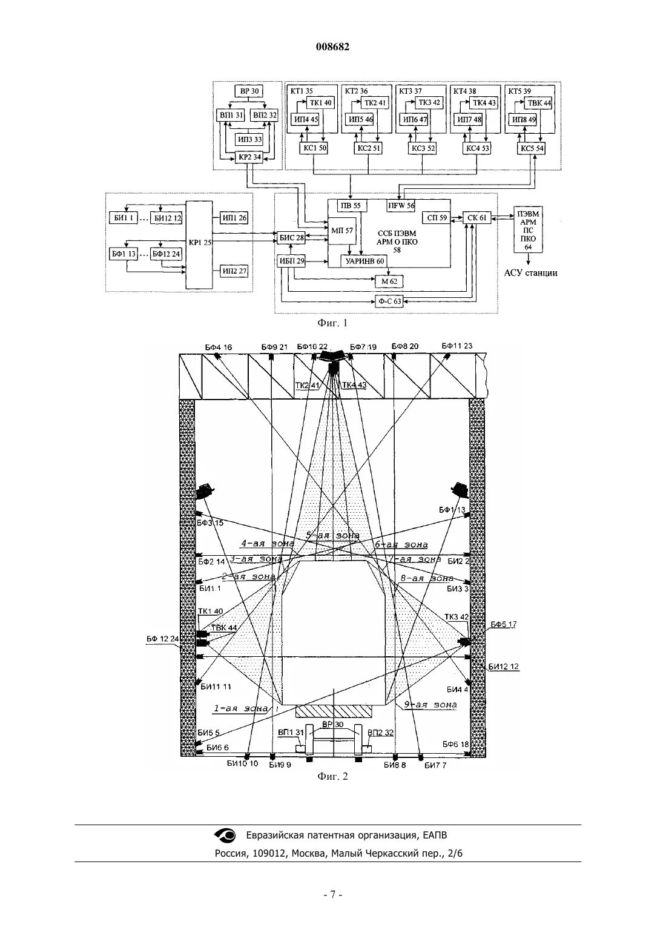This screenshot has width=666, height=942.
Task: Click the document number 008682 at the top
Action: coord(332,47)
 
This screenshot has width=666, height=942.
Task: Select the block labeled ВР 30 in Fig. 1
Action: coord(249,91)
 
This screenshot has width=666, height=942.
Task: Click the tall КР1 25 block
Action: coord(200,244)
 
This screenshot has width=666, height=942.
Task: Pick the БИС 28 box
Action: coord(291,238)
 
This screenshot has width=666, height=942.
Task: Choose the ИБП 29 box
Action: coord(291,261)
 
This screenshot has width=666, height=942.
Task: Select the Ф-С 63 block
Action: coord(388,301)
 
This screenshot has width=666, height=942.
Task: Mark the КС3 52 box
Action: coord(423,148)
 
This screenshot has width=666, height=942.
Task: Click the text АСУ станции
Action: coord(530,273)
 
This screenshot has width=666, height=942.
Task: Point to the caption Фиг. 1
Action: coord(332,323)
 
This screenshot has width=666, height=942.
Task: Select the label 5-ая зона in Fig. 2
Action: coord(332,536)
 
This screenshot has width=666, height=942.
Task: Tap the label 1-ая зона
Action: coord(240,708)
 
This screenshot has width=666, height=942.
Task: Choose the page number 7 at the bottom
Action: coord(332,894)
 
